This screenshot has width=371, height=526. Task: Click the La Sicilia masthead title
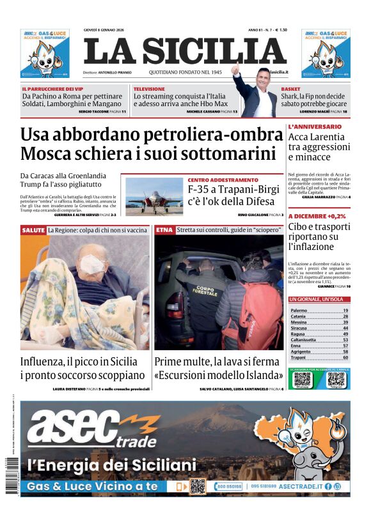pos(185,51)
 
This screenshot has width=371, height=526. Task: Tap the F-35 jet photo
pos(154,196)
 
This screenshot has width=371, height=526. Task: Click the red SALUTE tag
pos(33,229)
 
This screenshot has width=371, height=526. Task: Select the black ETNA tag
pos(164,229)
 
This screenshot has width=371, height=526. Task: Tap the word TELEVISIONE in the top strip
pos(149,89)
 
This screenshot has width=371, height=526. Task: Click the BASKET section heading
pos(290,89)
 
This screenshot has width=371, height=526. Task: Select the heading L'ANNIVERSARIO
pos(315,127)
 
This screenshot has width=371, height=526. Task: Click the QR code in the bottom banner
pos(198,486)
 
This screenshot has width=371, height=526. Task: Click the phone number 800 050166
pos(229,486)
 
